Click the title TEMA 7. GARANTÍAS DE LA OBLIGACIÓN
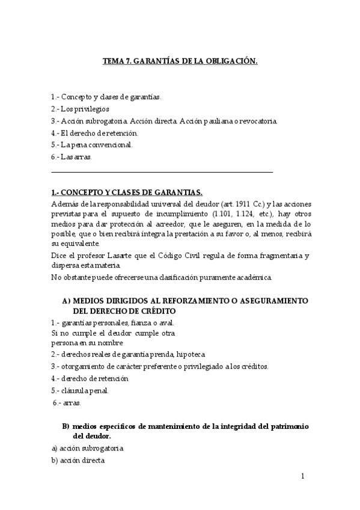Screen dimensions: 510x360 pyautogui.click(x=180, y=61)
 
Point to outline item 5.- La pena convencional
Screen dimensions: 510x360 pyautogui.click(x=93, y=145)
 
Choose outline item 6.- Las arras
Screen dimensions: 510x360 pyautogui.click(x=72, y=157)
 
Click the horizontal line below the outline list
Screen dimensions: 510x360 pyautogui.click(x=162, y=173)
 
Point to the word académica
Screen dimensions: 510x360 pyautogui.click(x=255, y=277)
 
